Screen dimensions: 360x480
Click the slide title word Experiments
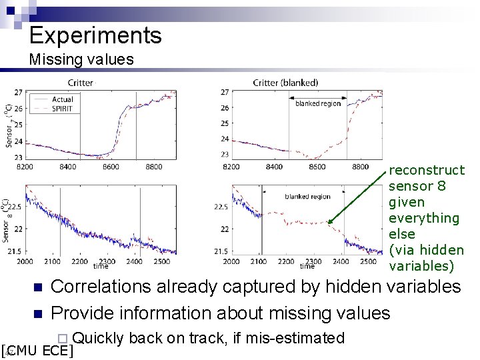95,35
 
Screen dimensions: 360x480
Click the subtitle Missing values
81,59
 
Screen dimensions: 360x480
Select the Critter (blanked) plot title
285,83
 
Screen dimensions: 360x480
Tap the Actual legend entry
63,99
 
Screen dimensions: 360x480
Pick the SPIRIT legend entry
63,108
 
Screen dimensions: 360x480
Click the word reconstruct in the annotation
427,170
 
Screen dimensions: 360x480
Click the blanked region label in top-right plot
318,103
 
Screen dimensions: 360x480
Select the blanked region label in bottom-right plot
307,197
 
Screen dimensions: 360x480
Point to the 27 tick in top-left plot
17,92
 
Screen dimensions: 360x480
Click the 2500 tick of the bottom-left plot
162,261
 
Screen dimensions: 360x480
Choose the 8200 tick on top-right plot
231,167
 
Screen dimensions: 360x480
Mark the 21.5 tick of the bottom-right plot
221,251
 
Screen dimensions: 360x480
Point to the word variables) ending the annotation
421,266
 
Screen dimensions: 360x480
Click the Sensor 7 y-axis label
9,127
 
